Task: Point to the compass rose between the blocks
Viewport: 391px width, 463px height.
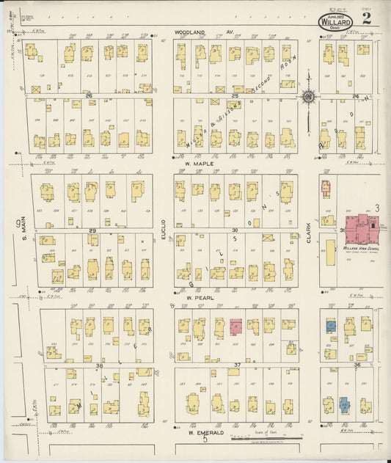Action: point(308,96)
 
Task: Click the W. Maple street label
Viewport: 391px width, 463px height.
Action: point(198,164)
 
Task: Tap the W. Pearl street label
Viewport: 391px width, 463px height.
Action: point(198,298)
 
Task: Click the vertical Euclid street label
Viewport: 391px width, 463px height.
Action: point(164,230)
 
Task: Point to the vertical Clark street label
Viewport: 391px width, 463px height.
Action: point(309,233)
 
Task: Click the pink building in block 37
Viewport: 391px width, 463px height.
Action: point(236,327)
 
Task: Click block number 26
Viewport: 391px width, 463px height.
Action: point(89,96)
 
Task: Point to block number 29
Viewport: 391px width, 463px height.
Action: point(92,230)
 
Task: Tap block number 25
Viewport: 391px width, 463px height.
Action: point(235,96)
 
